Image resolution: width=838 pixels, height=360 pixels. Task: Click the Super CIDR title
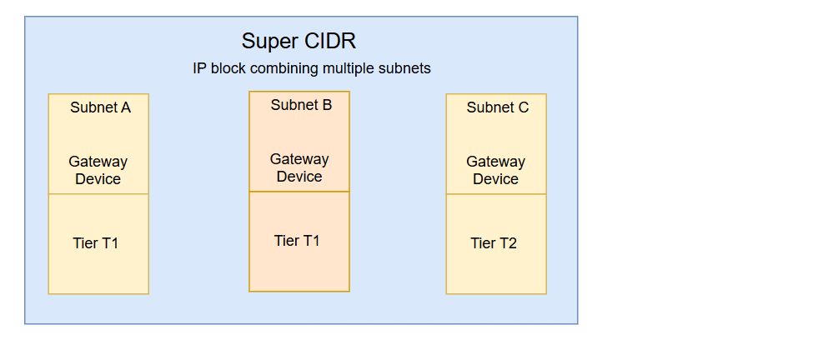pyautogui.click(x=299, y=42)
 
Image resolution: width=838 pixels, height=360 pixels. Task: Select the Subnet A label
pyautogui.click(x=100, y=107)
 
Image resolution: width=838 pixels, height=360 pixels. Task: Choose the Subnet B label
pyautogui.click(x=301, y=105)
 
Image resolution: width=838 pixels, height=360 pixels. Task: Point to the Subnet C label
pyautogui.click(x=497, y=107)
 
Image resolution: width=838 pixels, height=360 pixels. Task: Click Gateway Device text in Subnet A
pyautogui.click(x=98, y=170)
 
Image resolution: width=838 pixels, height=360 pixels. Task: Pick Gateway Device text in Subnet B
pyautogui.click(x=299, y=167)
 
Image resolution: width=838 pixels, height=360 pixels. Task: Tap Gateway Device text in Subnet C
pyautogui.click(x=495, y=170)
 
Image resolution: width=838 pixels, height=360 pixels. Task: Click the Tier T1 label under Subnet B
pyautogui.click(x=297, y=241)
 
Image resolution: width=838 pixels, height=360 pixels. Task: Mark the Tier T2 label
pyautogui.click(x=494, y=243)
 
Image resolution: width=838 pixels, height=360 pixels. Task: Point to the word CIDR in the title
pyautogui.click(x=332, y=42)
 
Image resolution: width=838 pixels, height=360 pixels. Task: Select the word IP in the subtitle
pyautogui.click(x=199, y=68)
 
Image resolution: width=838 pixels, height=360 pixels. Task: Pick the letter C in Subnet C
pyautogui.click(x=523, y=107)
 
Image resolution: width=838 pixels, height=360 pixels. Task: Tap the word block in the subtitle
pyautogui.click(x=228, y=68)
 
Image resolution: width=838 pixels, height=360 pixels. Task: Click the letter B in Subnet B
pyautogui.click(x=327, y=105)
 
